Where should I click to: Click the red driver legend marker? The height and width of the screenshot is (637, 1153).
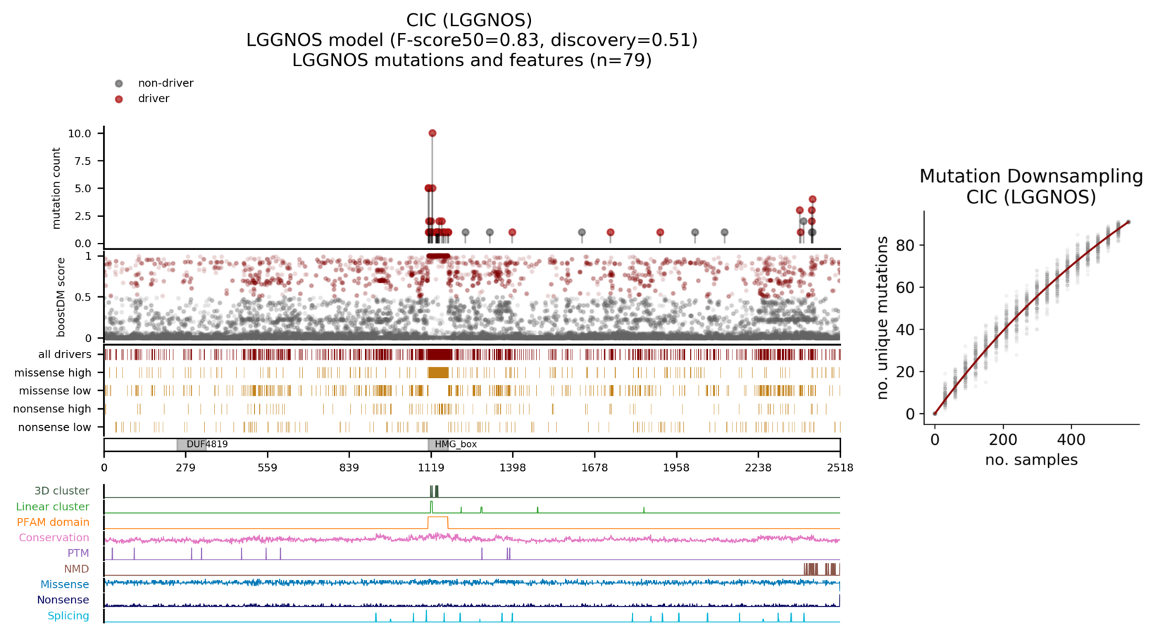[119, 99]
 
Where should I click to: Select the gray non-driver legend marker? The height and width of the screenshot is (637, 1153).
[119, 84]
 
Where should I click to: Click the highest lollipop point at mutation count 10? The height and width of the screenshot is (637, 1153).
[432, 133]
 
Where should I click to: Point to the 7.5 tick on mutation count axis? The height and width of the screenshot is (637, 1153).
[80, 161]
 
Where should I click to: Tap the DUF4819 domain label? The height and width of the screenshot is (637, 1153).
[207, 445]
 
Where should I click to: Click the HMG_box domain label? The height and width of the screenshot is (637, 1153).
[456, 445]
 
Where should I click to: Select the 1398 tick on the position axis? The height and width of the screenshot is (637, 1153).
[512, 467]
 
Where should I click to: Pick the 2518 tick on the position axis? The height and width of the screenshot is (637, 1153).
[840, 467]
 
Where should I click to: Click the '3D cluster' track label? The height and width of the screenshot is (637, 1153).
[62, 491]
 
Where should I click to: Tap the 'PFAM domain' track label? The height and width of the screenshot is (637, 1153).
[54, 522]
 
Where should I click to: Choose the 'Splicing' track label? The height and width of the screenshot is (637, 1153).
[68, 616]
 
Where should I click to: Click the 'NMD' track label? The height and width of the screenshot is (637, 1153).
[77, 569]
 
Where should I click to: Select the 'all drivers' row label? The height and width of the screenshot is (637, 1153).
[65, 355]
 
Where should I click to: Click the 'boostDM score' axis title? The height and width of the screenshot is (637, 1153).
[61, 296]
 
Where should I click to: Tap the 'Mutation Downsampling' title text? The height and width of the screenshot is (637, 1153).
[1030, 176]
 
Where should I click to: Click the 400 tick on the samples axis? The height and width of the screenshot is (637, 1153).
[1071, 440]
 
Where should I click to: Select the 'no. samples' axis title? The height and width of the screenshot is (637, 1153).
[1030, 460]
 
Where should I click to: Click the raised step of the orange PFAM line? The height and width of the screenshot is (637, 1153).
[437, 517]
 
